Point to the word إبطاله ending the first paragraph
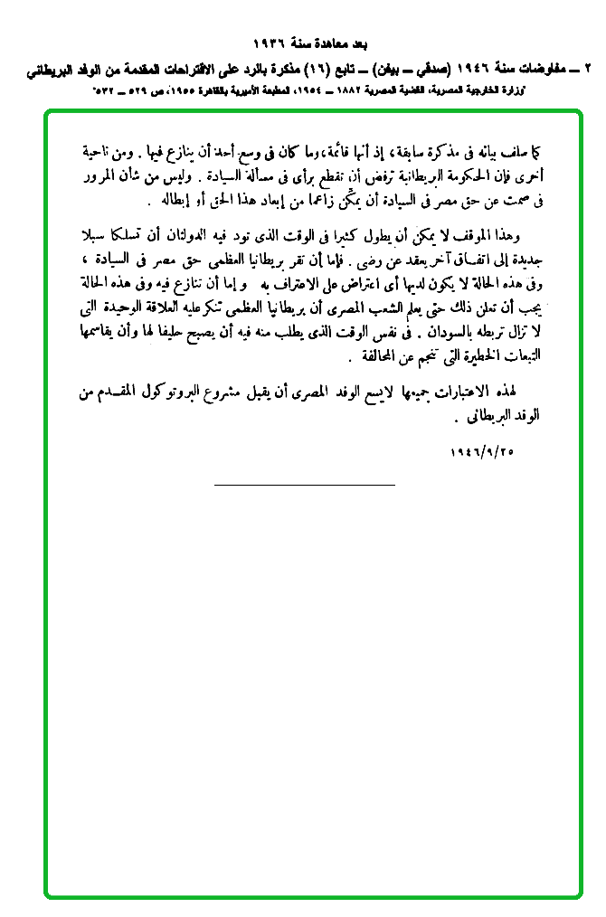tap(170, 197)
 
